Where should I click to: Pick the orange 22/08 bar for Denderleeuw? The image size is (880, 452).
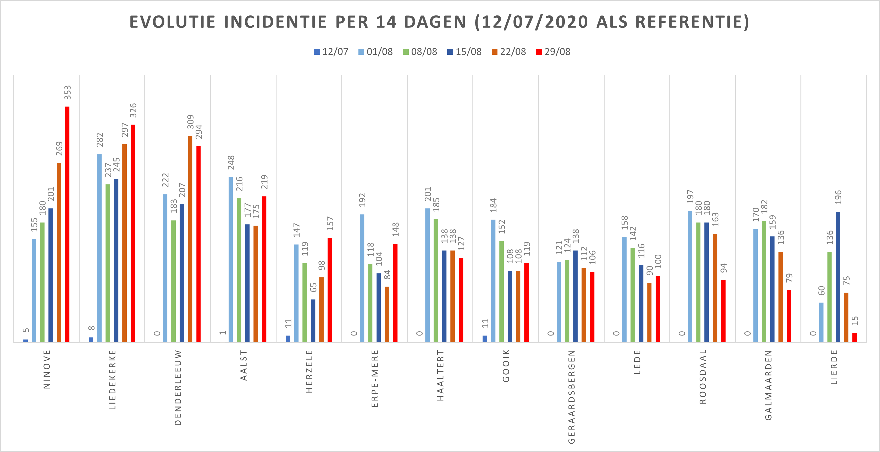pyautogui.click(x=190, y=239)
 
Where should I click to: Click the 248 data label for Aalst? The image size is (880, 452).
pyautogui.click(x=231, y=163)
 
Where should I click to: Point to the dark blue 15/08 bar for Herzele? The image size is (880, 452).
pyautogui.click(x=313, y=321)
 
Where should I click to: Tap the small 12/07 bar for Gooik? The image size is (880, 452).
pyautogui.click(x=485, y=339)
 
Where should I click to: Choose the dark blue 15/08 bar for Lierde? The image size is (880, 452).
pyautogui.click(x=838, y=277)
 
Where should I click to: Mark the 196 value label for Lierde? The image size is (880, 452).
pyautogui.click(x=838, y=197)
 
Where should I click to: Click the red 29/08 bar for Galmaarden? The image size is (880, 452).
pyautogui.click(x=789, y=316)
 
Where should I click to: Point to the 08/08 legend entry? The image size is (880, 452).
pyautogui.click(x=420, y=52)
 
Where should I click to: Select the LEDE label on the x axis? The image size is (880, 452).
pyautogui.click(x=637, y=362)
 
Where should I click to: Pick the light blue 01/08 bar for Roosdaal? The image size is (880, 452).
pyautogui.click(x=690, y=277)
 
